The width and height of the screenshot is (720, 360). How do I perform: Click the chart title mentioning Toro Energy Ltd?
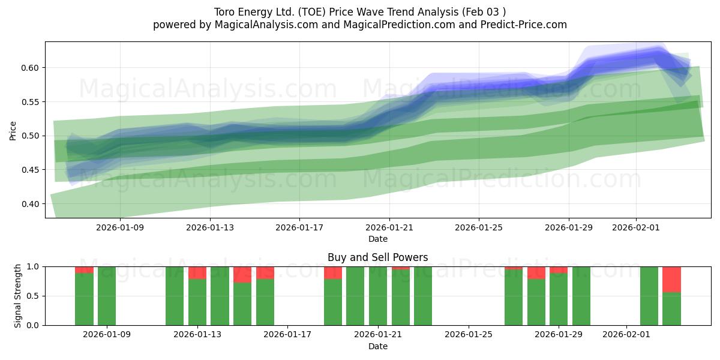(359, 12)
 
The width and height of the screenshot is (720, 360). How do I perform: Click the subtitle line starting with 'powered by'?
(359, 25)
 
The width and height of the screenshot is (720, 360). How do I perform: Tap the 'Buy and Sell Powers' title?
(377, 257)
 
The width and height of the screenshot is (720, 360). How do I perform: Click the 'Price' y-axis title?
(13, 130)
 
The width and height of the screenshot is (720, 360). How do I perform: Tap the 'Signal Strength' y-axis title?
(18, 295)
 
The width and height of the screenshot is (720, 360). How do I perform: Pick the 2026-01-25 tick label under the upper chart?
(479, 228)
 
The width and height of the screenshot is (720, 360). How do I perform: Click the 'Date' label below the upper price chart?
(377, 239)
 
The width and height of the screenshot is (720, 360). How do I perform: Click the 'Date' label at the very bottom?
(377, 346)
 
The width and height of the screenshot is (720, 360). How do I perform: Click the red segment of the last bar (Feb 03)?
(671, 279)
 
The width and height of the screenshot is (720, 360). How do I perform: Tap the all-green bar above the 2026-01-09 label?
(107, 296)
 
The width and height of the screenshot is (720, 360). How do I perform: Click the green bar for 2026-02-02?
(649, 296)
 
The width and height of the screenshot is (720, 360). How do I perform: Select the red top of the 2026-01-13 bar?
(197, 272)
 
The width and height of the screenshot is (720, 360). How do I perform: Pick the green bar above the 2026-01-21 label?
(378, 296)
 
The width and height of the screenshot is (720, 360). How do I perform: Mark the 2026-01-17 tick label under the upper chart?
(299, 228)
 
